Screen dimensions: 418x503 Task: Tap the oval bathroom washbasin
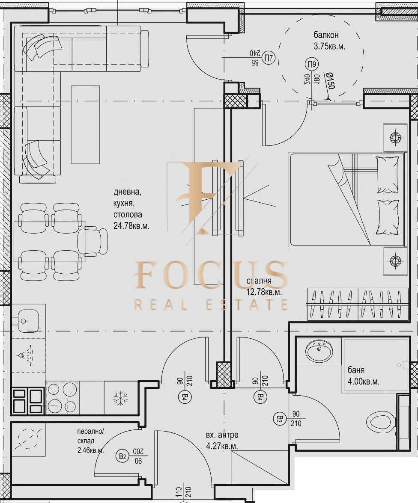coord(319,350)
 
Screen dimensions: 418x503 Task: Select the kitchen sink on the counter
coord(28,320)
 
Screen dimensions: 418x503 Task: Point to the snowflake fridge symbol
coord(120,398)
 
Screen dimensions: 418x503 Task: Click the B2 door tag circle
coord(122,456)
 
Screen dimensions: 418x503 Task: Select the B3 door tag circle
coord(279,418)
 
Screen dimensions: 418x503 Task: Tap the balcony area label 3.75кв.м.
coord(329,46)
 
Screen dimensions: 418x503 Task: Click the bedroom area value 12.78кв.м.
coord(264,292)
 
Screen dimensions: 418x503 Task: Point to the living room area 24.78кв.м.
coord(131,226)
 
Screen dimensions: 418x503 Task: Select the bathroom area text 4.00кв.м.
coord(363,382)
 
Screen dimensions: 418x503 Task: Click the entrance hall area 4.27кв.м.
coord(222,446)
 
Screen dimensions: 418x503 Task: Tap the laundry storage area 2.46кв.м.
coord(91,450)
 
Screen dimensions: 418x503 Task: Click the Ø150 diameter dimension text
coord(330,81)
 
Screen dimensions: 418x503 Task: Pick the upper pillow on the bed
coord(387,175)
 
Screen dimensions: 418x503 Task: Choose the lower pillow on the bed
coord(388,217)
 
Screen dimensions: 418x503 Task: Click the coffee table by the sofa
coord(85,124)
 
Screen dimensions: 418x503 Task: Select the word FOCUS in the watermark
coord(211,275)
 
